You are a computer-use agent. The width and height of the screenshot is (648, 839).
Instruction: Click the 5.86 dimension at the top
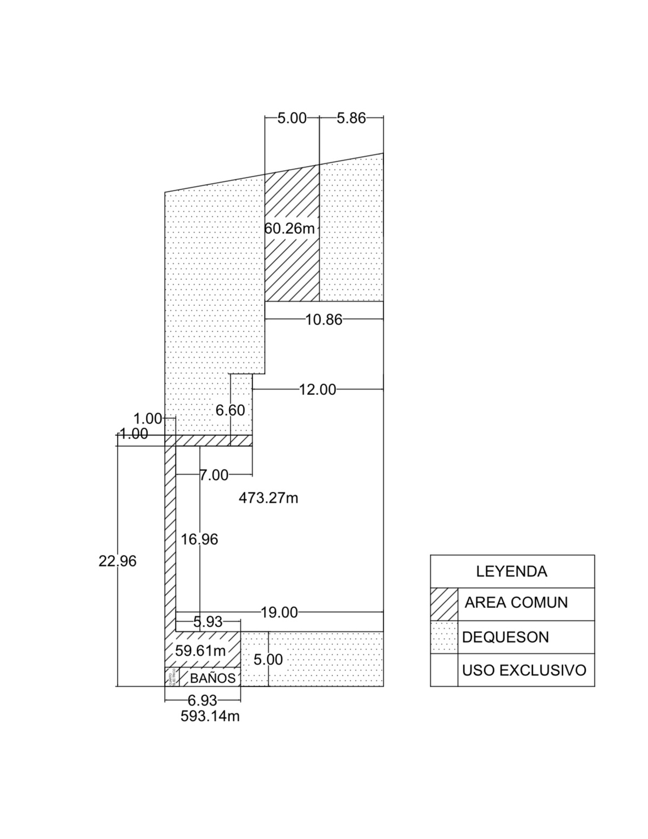pos(351,118)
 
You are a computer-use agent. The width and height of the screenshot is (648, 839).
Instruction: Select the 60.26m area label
pos(289,229)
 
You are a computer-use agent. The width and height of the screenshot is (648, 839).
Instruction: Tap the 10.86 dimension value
pos(324,320)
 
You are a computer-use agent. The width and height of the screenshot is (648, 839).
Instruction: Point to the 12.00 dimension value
pos(318,390)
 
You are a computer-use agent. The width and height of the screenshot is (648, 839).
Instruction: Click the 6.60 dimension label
pos(230,411)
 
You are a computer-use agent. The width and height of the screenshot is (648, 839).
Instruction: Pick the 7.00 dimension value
pos(214,475)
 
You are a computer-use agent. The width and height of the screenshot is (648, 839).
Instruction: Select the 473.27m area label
pos(268,498)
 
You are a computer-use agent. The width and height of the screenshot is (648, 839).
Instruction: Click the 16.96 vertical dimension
pos(199,540)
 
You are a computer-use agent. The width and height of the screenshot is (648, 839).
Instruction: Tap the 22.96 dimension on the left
pos(117,561)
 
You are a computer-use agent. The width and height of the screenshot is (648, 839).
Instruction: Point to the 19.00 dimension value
pos(279,613)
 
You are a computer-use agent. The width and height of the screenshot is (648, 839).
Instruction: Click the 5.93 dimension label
pos(208,622)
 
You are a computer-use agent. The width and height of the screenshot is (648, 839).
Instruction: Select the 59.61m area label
pos(200,651)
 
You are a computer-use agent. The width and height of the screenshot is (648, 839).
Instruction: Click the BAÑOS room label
pos(213,678)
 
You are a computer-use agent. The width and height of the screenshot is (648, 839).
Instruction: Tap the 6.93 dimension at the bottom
pos(202,701)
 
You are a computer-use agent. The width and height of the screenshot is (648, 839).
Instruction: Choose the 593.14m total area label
pos(210,716)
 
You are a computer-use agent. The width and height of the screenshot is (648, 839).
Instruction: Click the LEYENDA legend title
pos(511,572)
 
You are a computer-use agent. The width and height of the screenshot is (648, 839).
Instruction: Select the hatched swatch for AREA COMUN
pos(444,604)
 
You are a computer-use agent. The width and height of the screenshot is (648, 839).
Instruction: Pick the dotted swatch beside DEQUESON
pos(444,637)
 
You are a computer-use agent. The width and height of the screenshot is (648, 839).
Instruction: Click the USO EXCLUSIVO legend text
pos(524,670)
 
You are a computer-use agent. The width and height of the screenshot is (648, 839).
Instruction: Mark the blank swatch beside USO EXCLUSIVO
pos(444,670)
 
